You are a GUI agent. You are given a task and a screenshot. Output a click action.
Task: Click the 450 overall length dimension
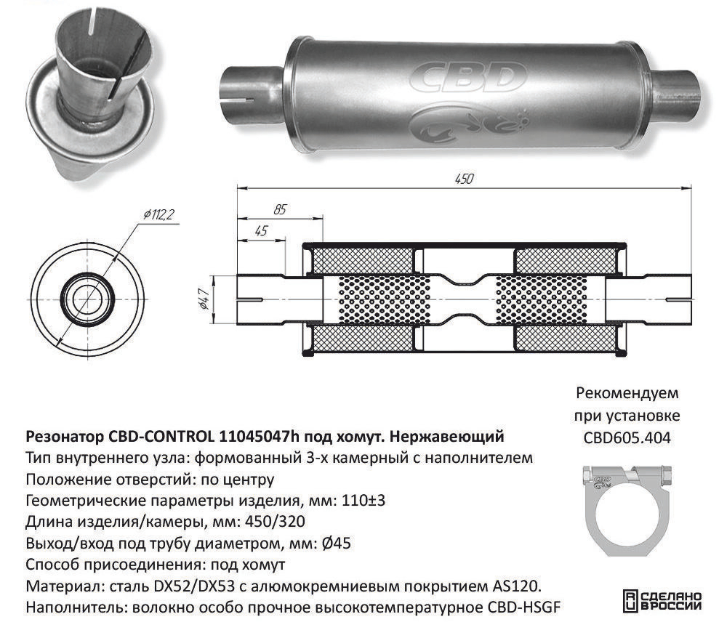463,178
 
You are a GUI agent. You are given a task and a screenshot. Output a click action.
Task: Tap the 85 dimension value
280,209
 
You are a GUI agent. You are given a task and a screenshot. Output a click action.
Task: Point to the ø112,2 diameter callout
158,214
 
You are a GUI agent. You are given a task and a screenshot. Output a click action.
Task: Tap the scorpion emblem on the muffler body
468,122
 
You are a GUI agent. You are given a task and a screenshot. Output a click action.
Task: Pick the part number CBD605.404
627,438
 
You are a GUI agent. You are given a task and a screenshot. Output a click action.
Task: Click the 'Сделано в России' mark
662,601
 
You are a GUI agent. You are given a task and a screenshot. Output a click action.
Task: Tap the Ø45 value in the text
336,543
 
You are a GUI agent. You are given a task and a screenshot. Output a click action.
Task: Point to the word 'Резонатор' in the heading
65,437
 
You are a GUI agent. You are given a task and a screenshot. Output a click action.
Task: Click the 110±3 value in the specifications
363,501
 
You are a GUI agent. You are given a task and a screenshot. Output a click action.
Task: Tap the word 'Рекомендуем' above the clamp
627,393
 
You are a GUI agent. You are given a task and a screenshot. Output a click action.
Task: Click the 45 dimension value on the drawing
262,230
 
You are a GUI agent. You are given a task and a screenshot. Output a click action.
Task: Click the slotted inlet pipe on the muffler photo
251,93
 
